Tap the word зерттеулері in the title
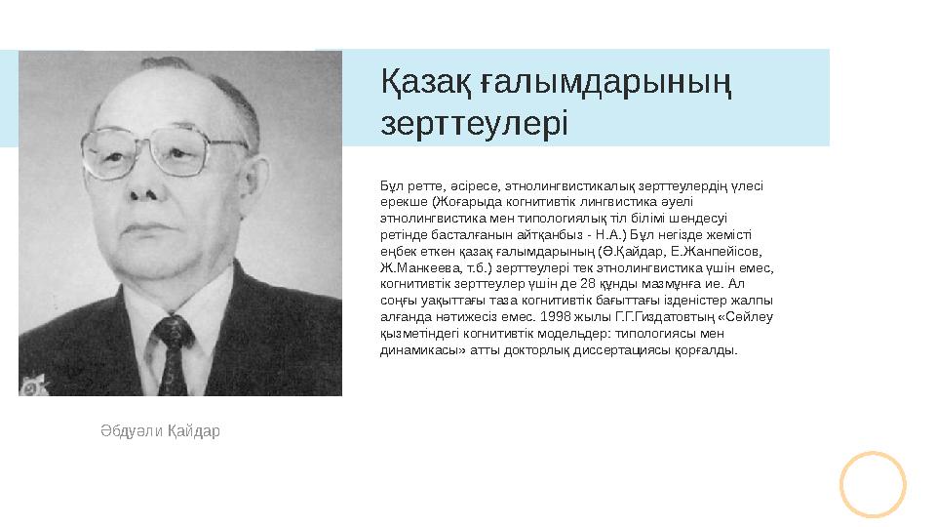pos(474,125)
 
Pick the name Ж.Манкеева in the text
pos(413,266)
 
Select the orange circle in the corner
pos(873,484)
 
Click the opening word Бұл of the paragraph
pos(390,183)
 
